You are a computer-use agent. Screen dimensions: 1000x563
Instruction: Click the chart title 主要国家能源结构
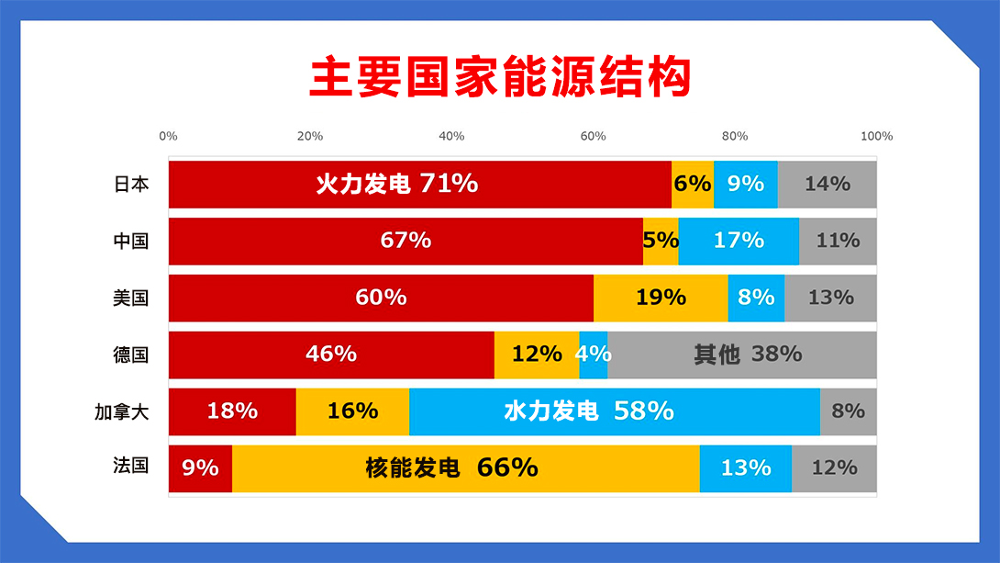(x=501, y=77)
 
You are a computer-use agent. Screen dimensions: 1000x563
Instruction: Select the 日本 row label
(x=131, y=184)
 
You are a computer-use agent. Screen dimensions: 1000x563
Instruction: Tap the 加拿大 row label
(x=122, y=411)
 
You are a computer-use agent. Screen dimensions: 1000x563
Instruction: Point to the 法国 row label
(x=131, y=466)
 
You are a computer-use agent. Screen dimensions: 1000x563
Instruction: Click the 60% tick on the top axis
(x=593, y=136)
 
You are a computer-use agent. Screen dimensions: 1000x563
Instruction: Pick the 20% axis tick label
(x=310, y=136)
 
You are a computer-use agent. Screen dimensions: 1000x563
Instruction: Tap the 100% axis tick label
(x=877, y=136)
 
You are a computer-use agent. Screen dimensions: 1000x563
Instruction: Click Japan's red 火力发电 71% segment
(x=419, y=185)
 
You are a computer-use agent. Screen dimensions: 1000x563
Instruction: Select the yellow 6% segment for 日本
(x=693, y=185)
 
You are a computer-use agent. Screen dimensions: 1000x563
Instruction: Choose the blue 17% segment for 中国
(x=739, y=242)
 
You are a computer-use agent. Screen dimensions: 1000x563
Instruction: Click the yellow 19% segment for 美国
(x=661, y=298)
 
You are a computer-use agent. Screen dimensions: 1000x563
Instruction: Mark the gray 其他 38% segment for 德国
(x=742, y=355)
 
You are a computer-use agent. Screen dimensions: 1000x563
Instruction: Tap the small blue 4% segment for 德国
(x=593, y=355)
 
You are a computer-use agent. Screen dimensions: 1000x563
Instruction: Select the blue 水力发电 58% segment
(x=615, y=411)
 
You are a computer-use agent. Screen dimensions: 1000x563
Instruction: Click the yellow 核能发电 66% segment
(x=465, y=468)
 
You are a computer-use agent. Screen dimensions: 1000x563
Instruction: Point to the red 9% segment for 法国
(x=200, y=468)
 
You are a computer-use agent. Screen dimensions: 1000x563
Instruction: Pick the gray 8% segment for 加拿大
(x=849, y=411)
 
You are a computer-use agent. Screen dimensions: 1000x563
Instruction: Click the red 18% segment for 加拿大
(x=232, y=411)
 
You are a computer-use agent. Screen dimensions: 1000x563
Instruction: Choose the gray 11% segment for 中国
(x=838, y=242)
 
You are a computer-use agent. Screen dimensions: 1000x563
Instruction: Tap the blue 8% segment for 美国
(x=756, y=298)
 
